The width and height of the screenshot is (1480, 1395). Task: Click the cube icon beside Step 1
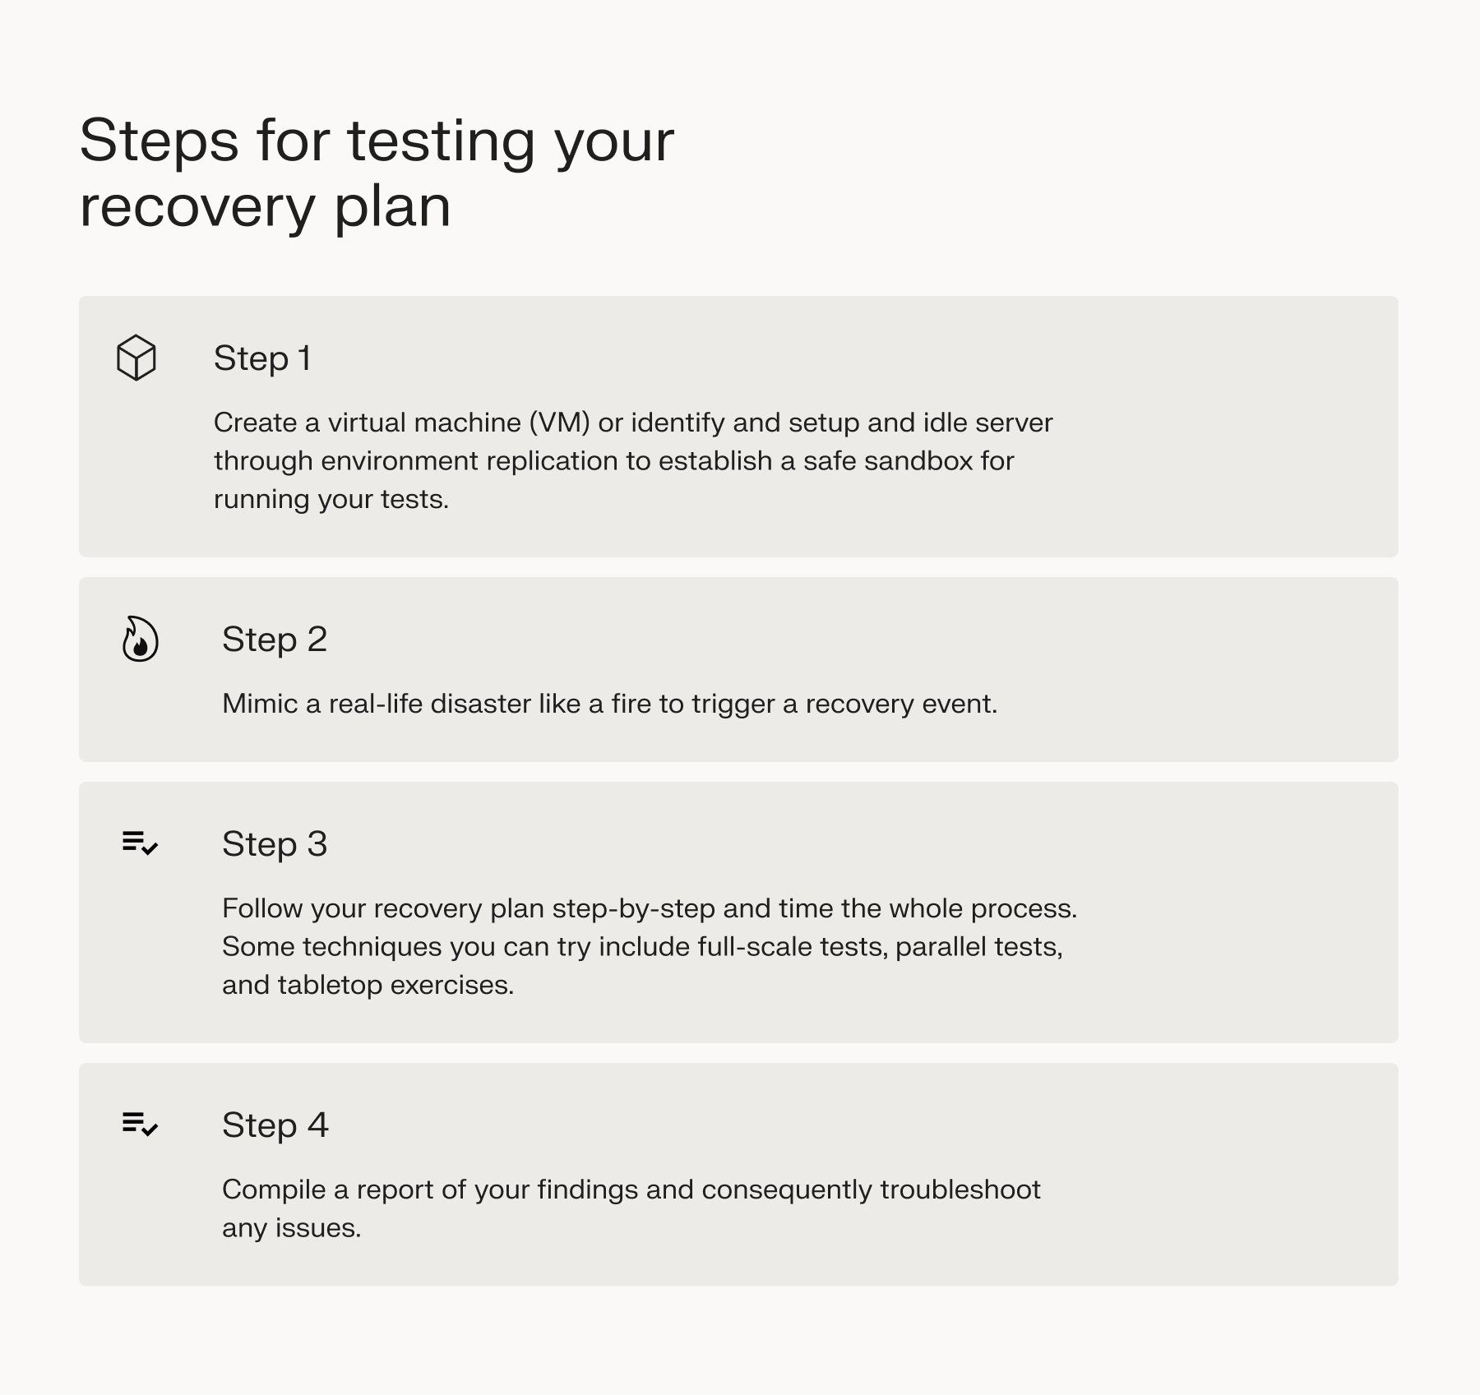136,358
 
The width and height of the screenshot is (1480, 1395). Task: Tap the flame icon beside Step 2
140,639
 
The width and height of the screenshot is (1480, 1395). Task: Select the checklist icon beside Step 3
140,843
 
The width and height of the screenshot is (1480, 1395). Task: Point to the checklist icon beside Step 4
140,1124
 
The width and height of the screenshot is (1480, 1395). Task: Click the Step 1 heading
262,358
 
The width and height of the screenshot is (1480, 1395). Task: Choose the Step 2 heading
275,640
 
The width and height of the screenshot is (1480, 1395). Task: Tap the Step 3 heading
275,844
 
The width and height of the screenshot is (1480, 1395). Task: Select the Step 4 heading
275,1125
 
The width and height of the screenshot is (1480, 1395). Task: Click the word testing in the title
442,142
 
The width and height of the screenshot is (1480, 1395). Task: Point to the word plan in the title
392,208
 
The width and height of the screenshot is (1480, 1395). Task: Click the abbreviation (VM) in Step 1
559,423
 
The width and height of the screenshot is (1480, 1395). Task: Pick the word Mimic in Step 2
260,704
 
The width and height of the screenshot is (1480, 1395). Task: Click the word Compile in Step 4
274,1189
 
